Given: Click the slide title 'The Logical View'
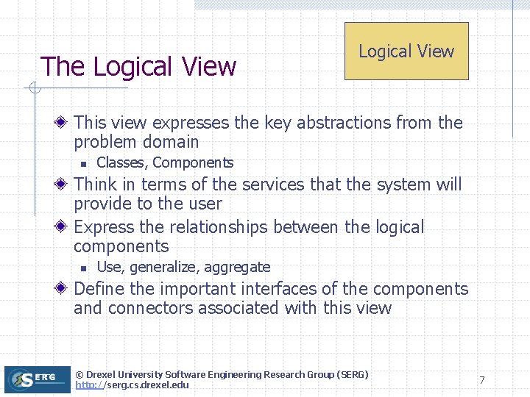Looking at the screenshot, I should tap(138, 67).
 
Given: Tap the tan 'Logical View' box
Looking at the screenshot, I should tap(406, 51).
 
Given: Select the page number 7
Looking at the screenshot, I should tap(481, 380).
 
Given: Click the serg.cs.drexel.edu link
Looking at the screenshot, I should tap(132, 385).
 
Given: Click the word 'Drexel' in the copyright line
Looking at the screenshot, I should tap(105, 375).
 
